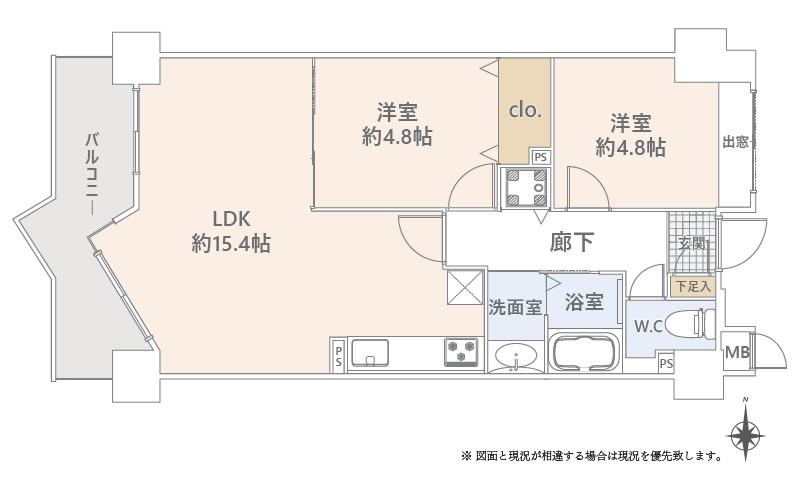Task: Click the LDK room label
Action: [231, 219]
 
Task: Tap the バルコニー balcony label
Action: [92, 174]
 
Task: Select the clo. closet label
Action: [525, 110]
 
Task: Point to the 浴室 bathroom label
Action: [584, 302]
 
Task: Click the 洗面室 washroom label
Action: [515, 307]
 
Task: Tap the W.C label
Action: [648, 326]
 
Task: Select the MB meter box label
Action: [737, 352]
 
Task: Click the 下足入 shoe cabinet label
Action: [693, 286]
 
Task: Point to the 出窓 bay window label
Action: [736, 142]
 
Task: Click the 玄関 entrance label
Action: [691, 244]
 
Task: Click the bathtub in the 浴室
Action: [584, 352]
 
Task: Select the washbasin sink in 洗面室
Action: [516, 357]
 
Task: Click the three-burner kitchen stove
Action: [461, 352]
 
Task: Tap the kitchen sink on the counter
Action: [370, 353]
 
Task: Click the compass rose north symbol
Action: [745, 435]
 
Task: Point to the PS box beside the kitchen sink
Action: [338, 356]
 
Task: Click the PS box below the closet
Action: [540, 157]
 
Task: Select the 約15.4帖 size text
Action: [231, 244]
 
